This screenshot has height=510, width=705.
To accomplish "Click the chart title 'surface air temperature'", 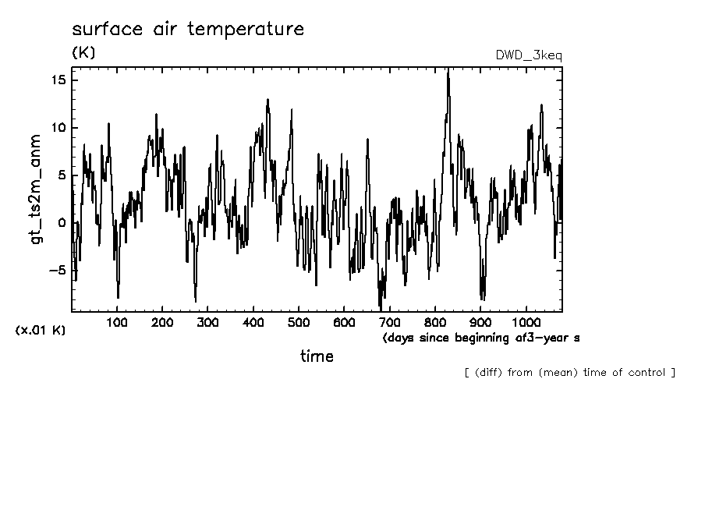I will tap(187, 30).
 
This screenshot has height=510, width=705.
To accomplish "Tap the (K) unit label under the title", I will tap(83, 53).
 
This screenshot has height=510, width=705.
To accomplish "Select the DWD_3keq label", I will tap(528, 55).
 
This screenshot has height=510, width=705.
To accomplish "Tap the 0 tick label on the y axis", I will tap(63, 223).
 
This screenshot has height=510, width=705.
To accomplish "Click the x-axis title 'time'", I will tap(317, 356).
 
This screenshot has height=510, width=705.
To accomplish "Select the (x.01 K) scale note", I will tap(41, 331).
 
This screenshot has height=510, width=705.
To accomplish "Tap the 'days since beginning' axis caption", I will tap(452, 338).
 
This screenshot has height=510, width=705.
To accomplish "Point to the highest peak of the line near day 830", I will tap(448, 71).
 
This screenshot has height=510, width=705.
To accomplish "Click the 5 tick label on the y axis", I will tap(63, 175).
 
